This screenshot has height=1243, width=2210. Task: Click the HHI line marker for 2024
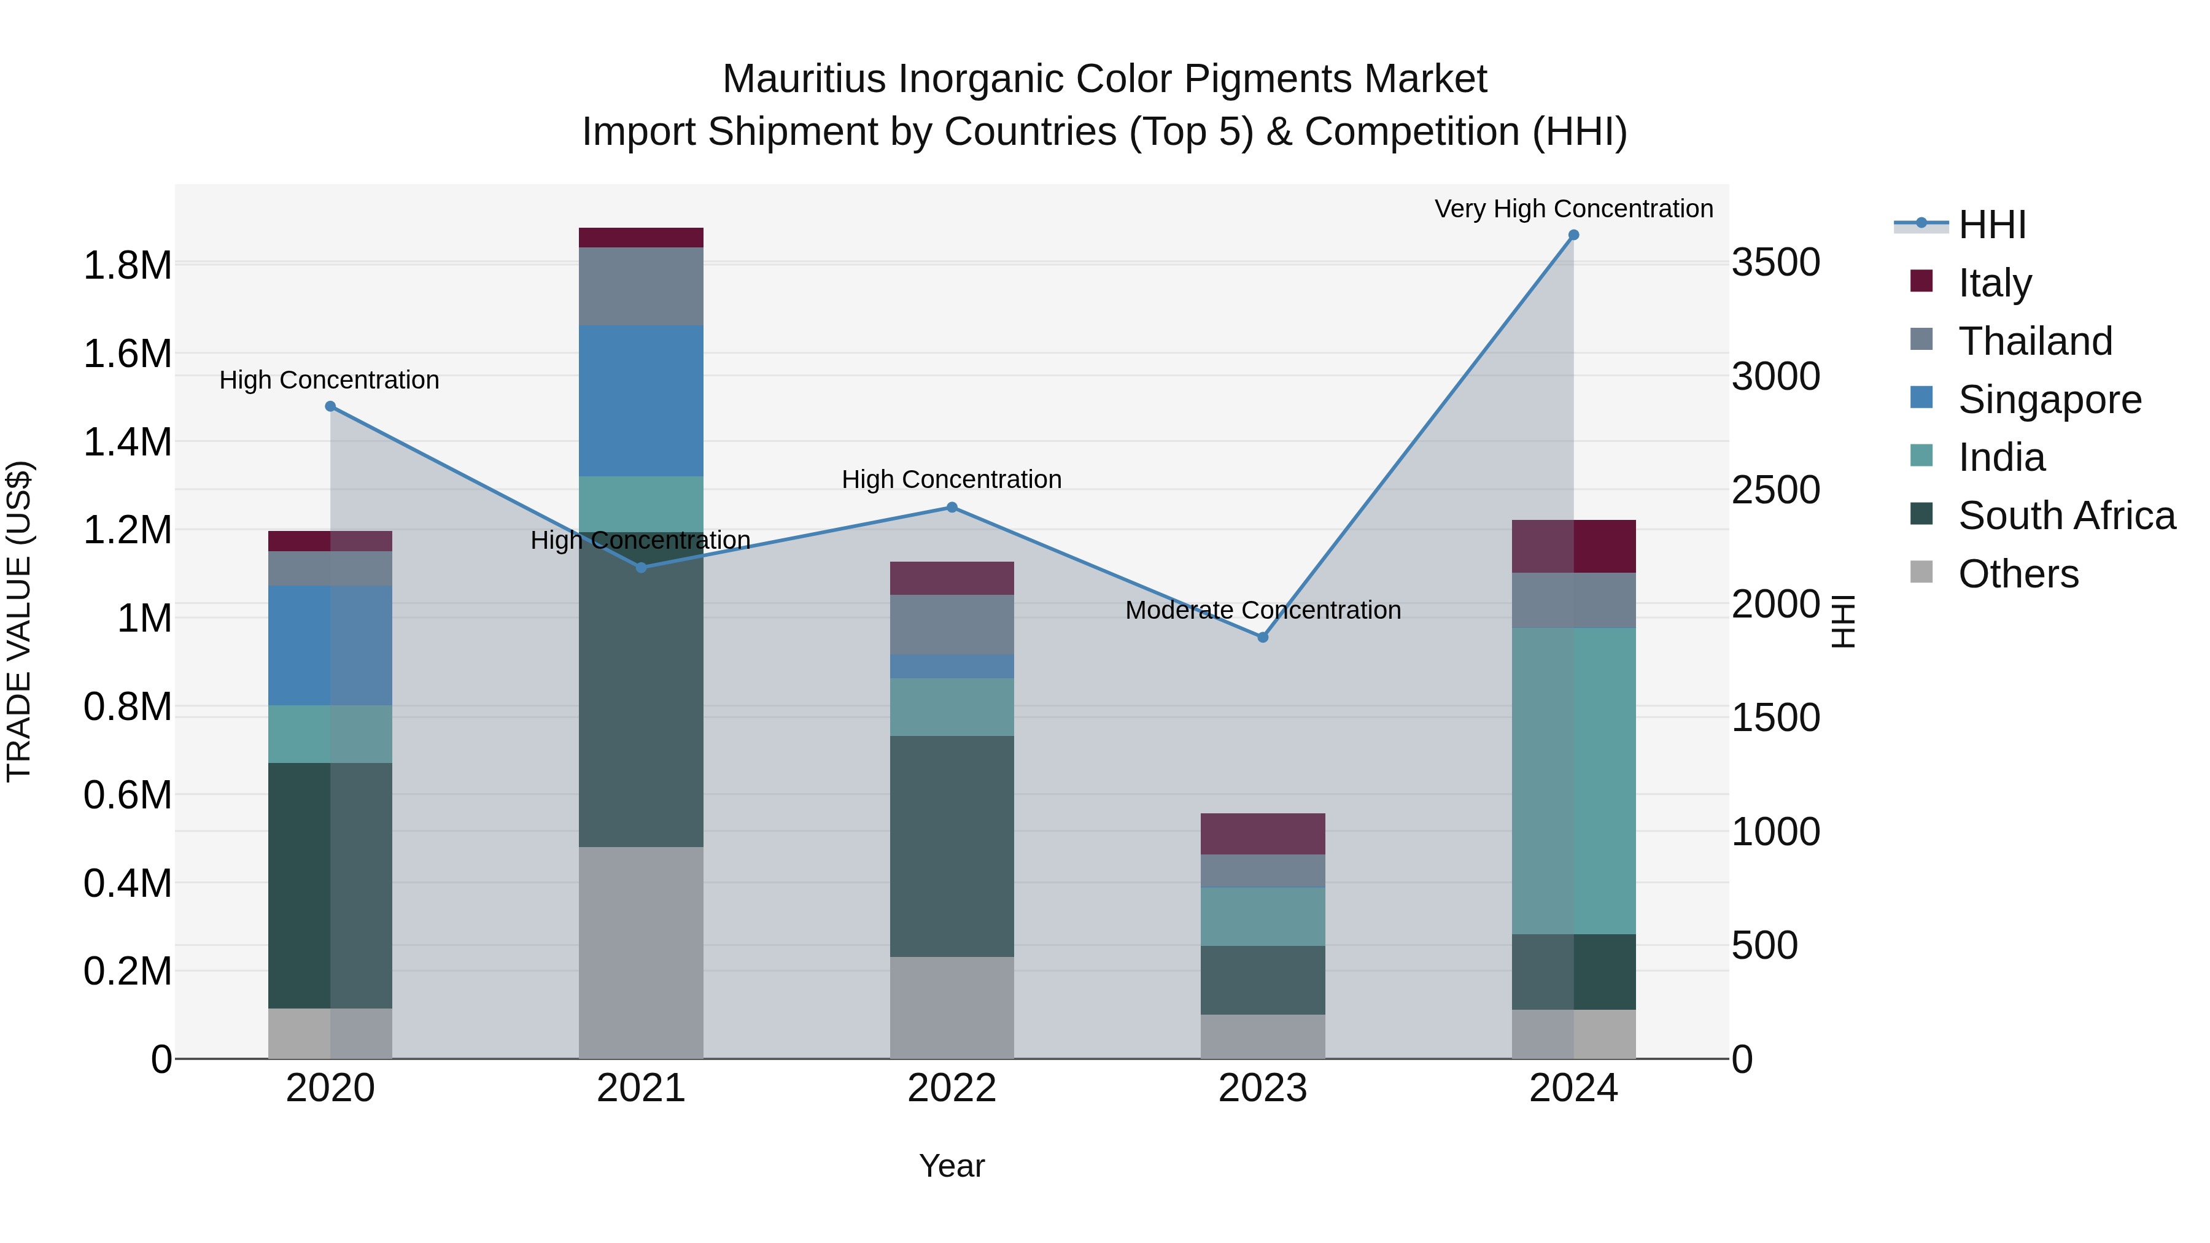(x=1573, y=235)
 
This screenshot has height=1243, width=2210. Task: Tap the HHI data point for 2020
(x=330, y=406)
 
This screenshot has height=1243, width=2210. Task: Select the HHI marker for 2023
(x=1263, y=637)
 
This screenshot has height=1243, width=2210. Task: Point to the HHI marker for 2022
(x=952, y=507)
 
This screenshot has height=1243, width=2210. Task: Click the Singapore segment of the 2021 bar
(x=641, y=401)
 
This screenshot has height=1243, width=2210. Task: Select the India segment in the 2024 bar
(x=1573, y=781)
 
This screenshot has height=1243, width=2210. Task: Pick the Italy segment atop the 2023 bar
(x=1263, y=834)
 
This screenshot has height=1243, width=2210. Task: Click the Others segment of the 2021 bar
(x=641, y=952)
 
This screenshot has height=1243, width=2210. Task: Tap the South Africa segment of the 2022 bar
(x=952, y=846)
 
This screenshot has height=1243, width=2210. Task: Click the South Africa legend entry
(x=2066, y=516)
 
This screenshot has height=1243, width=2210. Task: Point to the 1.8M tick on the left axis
(x=127, y=265)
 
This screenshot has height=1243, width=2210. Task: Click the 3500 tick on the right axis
(x=1775, y=263)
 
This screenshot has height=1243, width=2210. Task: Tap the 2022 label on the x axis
(x=952, y=1088)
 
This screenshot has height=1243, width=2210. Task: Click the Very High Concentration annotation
(x=1573, y=209)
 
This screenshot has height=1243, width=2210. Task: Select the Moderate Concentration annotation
(x=1263, y=610)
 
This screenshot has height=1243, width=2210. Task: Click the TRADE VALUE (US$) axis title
(x=19, y=621)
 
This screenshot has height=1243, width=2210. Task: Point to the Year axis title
(x=952, y=1166)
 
